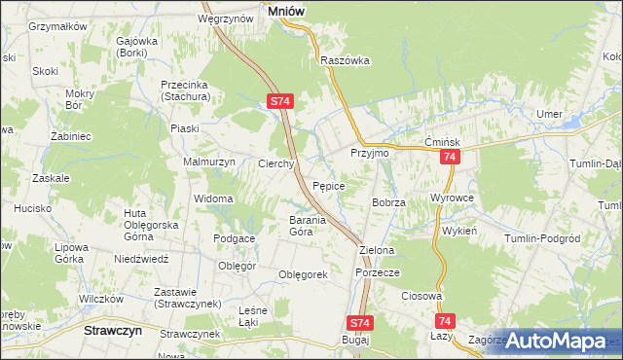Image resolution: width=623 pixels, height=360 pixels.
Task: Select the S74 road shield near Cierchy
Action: click(x=279, y=100)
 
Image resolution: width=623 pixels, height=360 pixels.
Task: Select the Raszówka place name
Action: click(x=346, y=59)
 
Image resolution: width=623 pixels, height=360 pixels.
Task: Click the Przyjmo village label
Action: click(x=369, y=154)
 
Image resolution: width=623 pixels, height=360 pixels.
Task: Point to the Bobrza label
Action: click(x=387, y=201)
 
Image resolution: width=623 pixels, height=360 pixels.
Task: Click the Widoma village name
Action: click(x=212, y=198)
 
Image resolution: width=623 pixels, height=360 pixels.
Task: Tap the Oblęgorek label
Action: click(x=303, y=274)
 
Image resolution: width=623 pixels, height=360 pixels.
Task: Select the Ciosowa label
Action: click(x=422, y=296)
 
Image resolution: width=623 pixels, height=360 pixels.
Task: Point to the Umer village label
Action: click(x=549, y=115)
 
